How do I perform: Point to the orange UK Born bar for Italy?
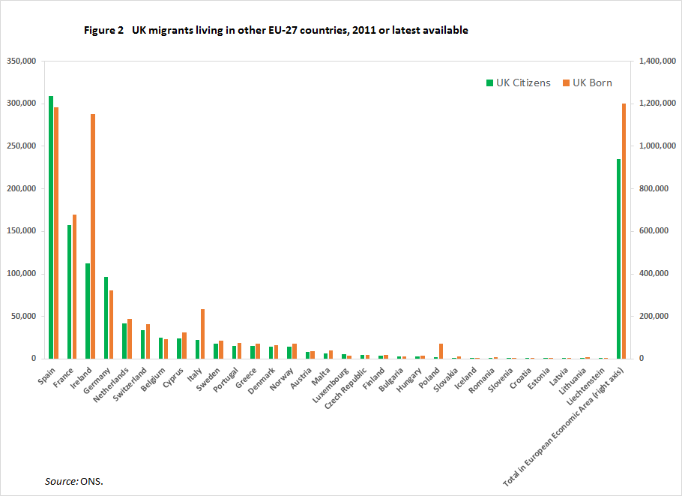click(202, 334)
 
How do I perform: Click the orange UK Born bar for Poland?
click(441, 351)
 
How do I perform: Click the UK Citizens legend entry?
click(518, 83)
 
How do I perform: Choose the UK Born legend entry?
click(588, 83)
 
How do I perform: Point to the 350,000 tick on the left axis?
click(21, 61)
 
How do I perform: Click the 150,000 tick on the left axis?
click(21, 231)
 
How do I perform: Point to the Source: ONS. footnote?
click(74, 480)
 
